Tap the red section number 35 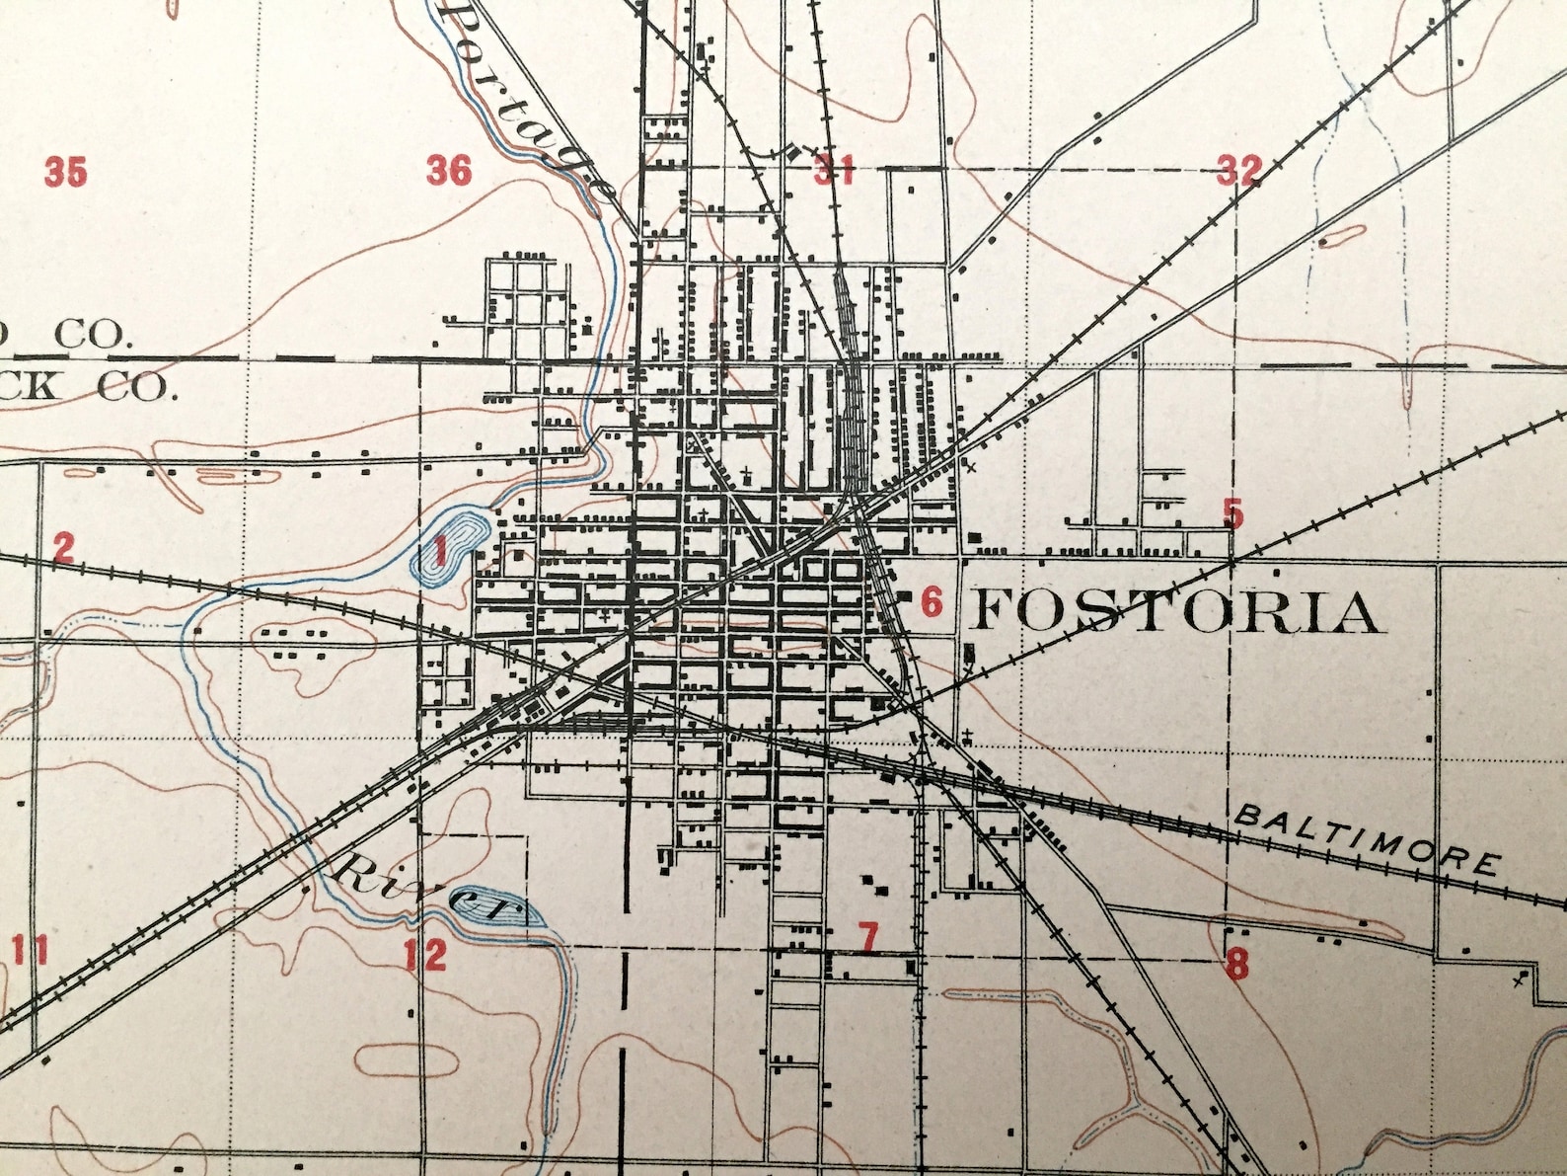pyautogui.click(x=65, y=172)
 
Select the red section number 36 pyautogui.click(x=449, y=170)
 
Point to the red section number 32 pyautogui.click(x=1238, y=170)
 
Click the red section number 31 pyautogui.click(x=833, y=170)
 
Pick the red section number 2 pyautogui.click(x=63, y=547)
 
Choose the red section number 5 pyautogui.click(x=1232, y=513)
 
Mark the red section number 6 pyautogui.click(x=932, y=600)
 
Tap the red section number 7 pyautogui.click(x=867, y=936)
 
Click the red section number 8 pyautogui.click(x=1236, y=963)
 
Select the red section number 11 pyautogui.click(x=30, y=951)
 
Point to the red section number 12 pyautogui.click(x=425, y=954)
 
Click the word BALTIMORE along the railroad pyautogui.click(x=1367, y=839)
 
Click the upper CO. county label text pyautogui.click(x=91, y=335)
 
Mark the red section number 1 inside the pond pyautogui.click(x=440, y=548)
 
